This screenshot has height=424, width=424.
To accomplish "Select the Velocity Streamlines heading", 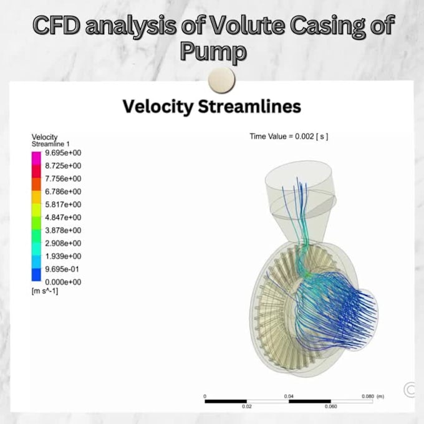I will coord(212,107).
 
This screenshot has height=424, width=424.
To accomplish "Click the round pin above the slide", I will coord(221,80).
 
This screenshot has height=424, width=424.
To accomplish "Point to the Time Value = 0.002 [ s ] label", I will coord(289,136).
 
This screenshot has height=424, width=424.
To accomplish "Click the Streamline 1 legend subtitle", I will coord(51,144).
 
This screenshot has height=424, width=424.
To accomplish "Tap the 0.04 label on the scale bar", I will coord(289,396).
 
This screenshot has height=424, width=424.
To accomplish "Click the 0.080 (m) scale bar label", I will coord(373,396).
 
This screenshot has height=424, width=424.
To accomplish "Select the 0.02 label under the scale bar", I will coord(247,407).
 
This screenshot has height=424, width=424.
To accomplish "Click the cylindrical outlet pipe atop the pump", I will coord(299,187).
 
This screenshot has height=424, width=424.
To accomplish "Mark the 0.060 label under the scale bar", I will coord(330,407).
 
